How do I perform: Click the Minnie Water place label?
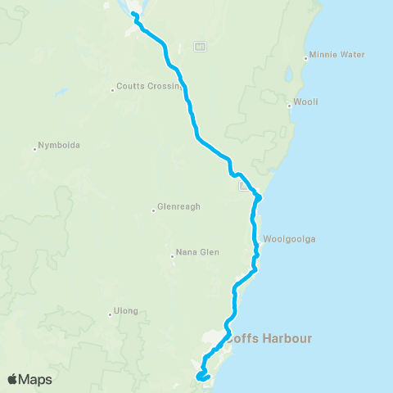[x=336, y=56]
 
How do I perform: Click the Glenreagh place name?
[x=178, y=208]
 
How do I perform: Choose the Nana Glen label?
[x=196, y=253]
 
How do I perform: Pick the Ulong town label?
[x=127, y=311]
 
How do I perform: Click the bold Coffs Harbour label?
[x=270, y=337]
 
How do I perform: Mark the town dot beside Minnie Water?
[x=305, y=58]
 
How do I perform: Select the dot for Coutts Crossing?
[x=113, y=89]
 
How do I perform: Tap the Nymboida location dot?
[x=35, y=149]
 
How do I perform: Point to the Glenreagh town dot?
[x=153, y=210]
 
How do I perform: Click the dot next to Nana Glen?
[x=172, y=255]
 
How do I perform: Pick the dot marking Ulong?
[x=110, y=314]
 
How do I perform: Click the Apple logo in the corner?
[x=14, y=378]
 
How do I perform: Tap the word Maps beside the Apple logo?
[x=37, y=379]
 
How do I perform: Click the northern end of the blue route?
[x=132, y=14]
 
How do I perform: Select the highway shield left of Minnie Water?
[x=200, y=47]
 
